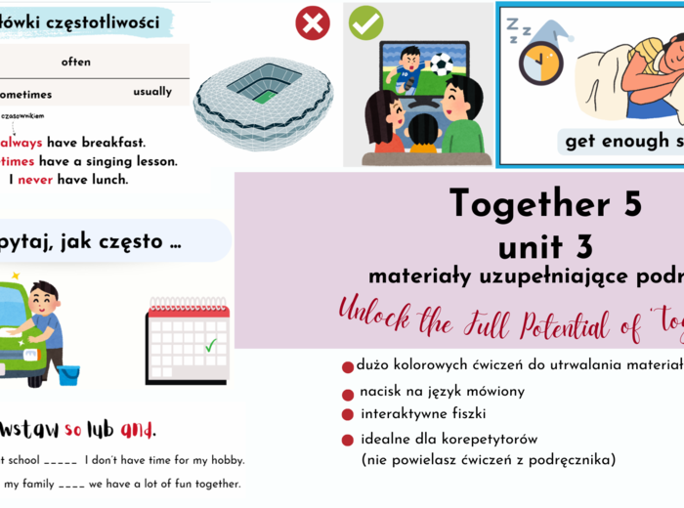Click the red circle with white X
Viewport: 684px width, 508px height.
point(313,21)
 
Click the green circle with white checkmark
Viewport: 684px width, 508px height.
point(366,21)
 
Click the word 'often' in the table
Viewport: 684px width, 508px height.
point(76,62)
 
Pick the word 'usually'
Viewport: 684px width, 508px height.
point(152,92)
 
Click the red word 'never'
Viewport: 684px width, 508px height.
point(36,180)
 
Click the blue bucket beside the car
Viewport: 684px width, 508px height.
point(68,374)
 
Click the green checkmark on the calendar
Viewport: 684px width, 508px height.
point(211,345)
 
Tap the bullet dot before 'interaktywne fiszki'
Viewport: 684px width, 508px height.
point(348,415)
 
